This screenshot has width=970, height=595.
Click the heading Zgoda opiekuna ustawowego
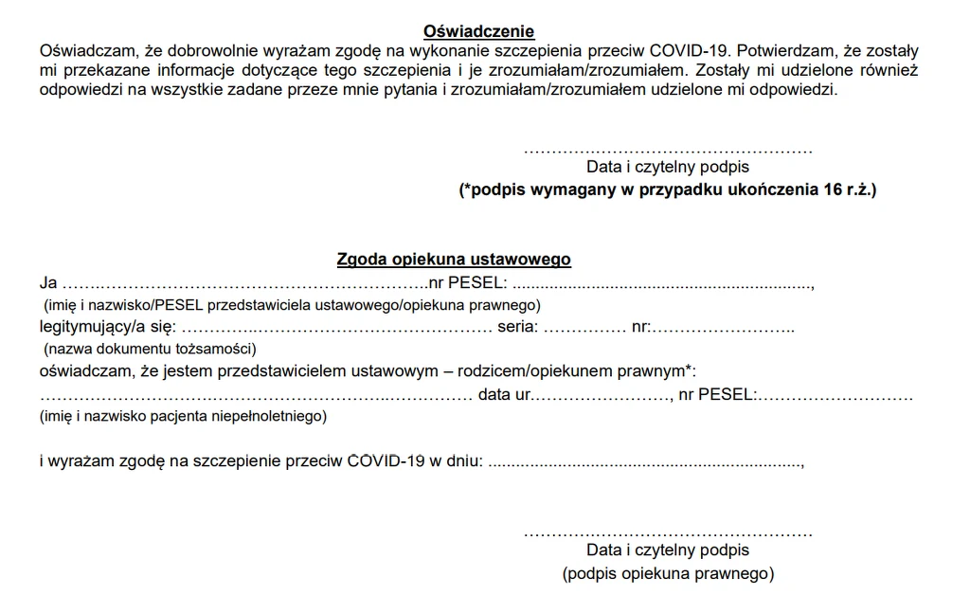[454, 259]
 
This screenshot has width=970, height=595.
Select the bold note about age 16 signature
[668, 189]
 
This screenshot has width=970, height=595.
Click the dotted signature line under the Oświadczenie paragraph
[668, 150]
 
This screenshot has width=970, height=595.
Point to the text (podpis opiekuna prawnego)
[668, 573]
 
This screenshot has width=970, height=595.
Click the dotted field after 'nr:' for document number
[724, 327]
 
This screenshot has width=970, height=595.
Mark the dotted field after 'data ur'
[600, 394]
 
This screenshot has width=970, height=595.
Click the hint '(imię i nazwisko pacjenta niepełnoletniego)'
[183, 416]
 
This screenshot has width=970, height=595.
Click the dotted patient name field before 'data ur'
[256, 394]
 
